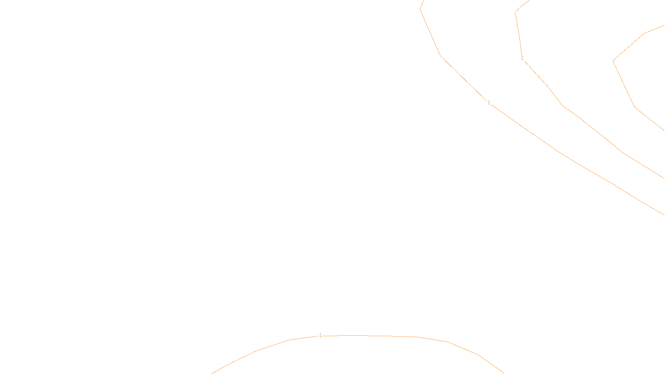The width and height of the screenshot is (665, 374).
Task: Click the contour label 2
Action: (522, 58)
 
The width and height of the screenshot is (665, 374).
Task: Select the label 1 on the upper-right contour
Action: (489, 103)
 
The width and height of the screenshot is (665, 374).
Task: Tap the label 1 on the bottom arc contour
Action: (320, 335)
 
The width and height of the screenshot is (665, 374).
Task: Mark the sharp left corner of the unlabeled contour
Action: (613, 61)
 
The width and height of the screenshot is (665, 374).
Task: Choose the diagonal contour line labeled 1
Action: (557, 150)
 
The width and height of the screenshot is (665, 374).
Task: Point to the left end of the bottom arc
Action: (212, 373)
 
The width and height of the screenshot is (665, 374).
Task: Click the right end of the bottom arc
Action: (503, 373)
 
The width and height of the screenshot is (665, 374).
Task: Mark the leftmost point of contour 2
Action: (515, 12)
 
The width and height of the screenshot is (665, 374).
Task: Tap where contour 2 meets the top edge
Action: (529, 0)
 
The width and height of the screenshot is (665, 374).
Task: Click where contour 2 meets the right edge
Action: (664, 178)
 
